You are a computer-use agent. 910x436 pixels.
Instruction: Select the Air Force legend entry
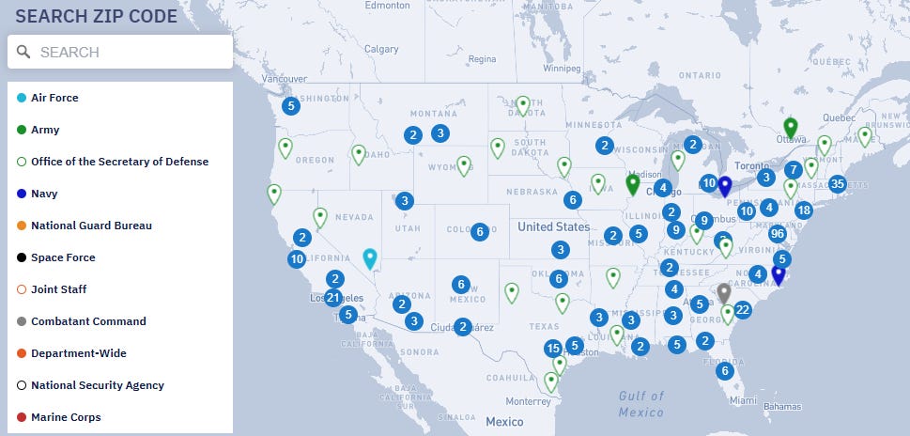tap(54, 98)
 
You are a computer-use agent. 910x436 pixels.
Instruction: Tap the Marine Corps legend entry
tap(66, 417)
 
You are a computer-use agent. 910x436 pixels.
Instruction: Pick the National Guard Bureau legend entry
tap(91, 226)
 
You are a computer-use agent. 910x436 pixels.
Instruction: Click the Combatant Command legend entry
tap(88, 321)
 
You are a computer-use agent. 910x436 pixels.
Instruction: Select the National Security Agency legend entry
tap(98, 385)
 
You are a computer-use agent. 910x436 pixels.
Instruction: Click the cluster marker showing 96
tap(777, 234)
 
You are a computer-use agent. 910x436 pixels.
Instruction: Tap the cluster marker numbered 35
tap(838, 183)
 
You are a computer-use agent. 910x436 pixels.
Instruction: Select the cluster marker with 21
tap(332, 298)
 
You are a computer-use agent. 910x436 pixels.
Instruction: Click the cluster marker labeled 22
tap(743, 310)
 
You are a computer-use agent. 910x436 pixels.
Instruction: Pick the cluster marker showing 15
tap(553, 349)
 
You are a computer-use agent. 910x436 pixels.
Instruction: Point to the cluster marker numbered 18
tap(803, 210)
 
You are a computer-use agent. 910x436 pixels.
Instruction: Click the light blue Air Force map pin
tap(370, 257)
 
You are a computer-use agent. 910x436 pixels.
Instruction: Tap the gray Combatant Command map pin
tap(723, 291)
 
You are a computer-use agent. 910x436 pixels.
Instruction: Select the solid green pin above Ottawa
tap(791, 127)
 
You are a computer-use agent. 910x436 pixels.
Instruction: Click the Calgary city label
tap(381, 49)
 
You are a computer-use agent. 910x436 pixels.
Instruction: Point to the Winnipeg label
tap(562, 69)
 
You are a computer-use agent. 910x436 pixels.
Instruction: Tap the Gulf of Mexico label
tap(641, 404)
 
